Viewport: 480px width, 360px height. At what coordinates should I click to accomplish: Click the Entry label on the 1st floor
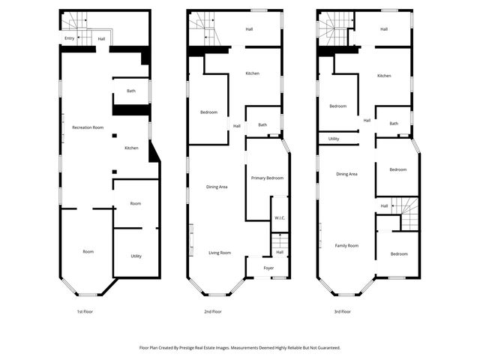[x=69, y=37]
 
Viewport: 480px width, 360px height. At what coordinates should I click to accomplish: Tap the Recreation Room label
[x=88, y=127]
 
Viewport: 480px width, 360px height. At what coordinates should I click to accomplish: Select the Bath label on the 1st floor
[x=131, y=91]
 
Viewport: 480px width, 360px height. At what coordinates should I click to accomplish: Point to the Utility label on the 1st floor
[x=136, y=256]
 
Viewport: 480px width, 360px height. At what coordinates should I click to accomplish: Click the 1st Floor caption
[x=84, y=311]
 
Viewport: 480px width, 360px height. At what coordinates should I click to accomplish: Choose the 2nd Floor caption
[x=213, y=311]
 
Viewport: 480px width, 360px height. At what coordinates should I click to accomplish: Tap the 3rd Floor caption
[x=342, y=311]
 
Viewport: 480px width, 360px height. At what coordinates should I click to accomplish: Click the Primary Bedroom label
[x=267, y=178]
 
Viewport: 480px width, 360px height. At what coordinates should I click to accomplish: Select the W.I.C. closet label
[x=279, y=218]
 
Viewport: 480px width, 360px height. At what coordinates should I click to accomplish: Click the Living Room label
[x=220, y=253]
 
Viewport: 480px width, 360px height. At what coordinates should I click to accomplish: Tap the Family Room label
[x=346, y=245]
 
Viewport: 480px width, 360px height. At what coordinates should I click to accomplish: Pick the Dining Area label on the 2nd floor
[x=217, y=187]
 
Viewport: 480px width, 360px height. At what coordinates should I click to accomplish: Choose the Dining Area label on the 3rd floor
[x=346, y=174]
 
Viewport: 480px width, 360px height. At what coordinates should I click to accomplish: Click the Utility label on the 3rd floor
[x=334, y=139]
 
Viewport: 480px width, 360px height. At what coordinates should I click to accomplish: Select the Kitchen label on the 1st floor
[x=131, y=148]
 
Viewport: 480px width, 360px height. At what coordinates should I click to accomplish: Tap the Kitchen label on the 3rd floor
[x=384, y=76]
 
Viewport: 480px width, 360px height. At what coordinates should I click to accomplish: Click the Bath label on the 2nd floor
[x=262, y=125]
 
